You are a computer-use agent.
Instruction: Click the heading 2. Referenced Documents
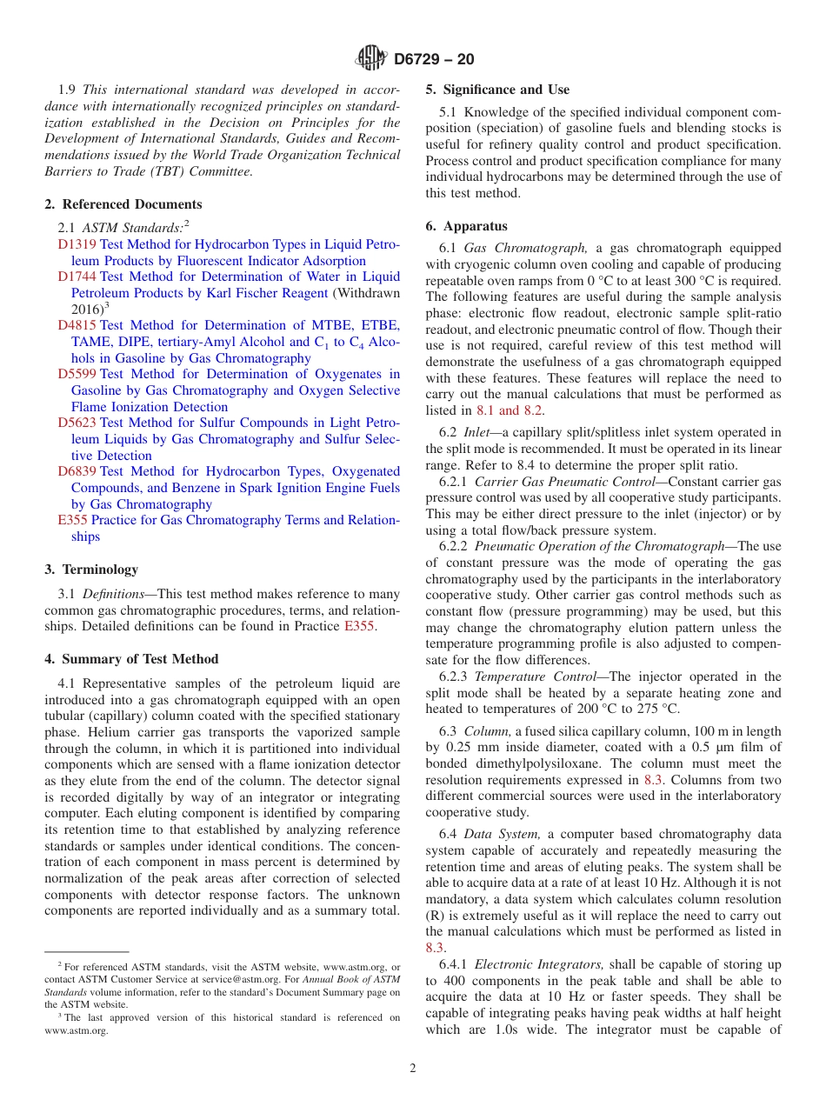coord(123,204)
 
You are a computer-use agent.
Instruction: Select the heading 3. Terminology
coord(91,570)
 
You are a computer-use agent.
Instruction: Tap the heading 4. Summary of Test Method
coord(131,659)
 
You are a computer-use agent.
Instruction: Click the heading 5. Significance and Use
coord(497,90)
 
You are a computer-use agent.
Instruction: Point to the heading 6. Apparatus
coord(466,226)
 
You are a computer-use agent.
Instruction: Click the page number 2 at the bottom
coord(413,1069)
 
